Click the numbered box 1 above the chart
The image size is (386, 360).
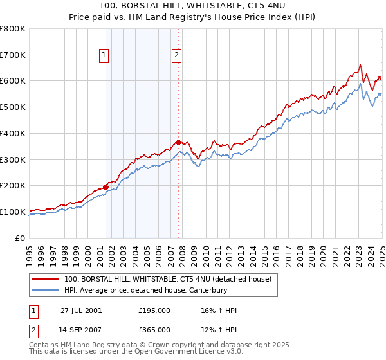(x=104, y=56)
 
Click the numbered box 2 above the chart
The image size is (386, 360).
(x=176, y=56)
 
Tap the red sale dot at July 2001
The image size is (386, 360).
(x=106, y=187)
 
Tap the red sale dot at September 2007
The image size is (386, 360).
(x=178, y=142)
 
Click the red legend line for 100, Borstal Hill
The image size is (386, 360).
(x=46, y=279)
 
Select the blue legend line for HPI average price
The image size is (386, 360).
(x=46, y=290)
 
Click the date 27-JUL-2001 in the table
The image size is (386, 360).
(x=81, y=310)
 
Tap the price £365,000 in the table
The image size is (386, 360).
(x=154, y=330)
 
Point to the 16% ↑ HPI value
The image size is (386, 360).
(x=219, y=310)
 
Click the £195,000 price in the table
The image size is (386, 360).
(x=154, y=310)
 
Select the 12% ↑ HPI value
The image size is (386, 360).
(x=219, y=330)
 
